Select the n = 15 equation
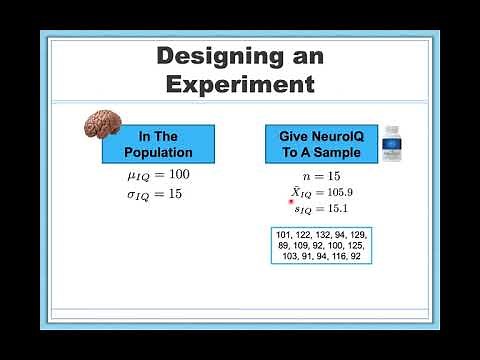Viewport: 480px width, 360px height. point(321,175)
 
